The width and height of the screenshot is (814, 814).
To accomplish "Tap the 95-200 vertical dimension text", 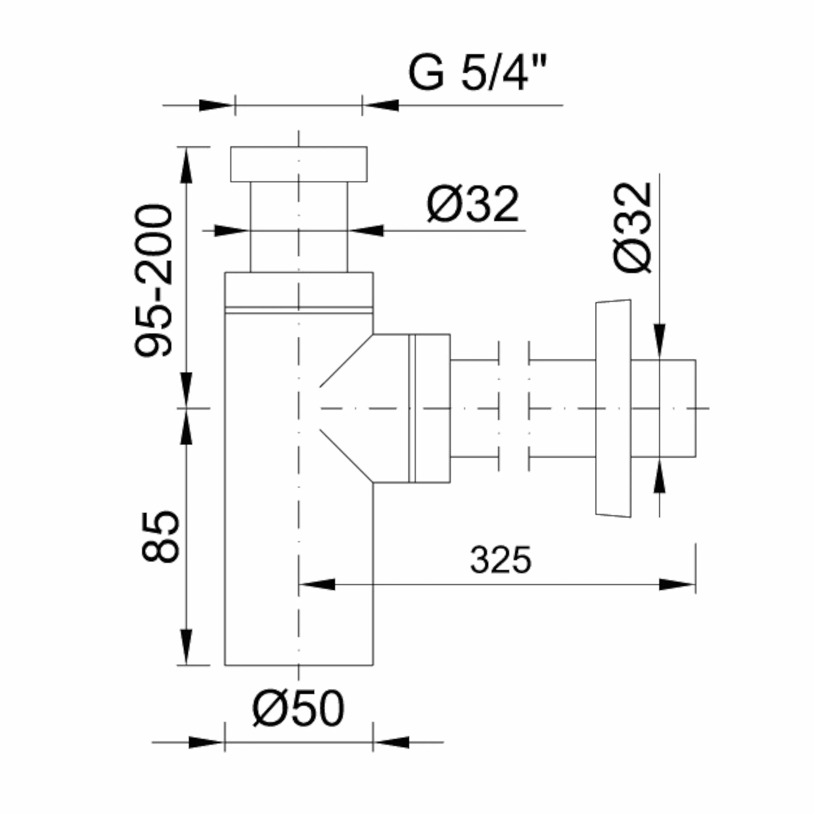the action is click(153, 281).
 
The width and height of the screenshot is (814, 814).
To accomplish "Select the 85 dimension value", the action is click(161, 537).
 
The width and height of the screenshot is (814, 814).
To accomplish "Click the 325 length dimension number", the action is click(500, 559).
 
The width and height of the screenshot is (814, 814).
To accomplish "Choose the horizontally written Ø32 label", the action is click(473, 204).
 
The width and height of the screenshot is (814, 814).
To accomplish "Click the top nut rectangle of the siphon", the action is click(299, 164).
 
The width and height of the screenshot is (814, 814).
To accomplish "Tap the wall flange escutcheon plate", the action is click(614, 408).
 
